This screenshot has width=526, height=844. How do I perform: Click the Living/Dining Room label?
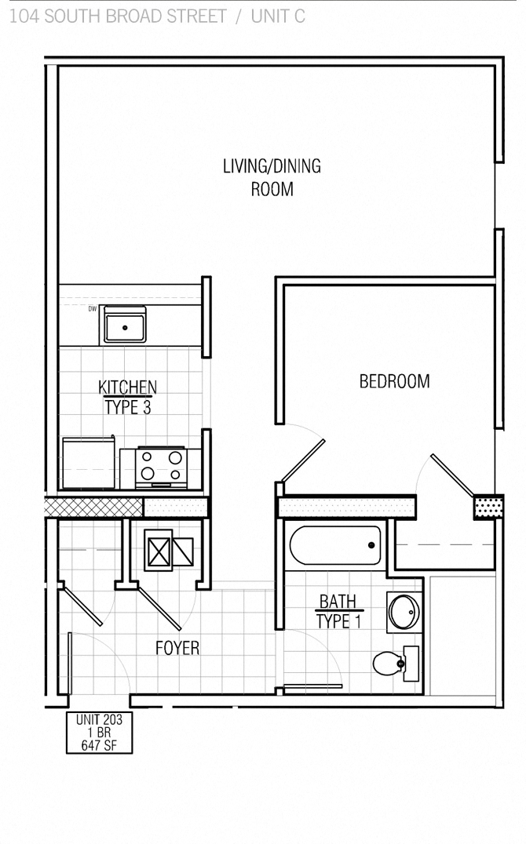272,177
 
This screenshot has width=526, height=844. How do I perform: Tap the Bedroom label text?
394,382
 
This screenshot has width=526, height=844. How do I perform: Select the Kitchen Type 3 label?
127,397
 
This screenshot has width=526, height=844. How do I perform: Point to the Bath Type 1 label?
338,612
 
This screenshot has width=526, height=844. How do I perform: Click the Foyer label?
177,648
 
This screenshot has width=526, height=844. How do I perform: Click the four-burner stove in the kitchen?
161,467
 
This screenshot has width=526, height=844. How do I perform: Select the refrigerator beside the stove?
88,463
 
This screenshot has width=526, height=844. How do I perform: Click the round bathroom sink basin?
404,612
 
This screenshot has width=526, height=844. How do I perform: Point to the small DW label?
92,309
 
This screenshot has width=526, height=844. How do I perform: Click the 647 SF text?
99,745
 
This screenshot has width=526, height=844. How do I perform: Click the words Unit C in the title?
278,16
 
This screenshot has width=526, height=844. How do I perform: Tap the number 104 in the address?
24,16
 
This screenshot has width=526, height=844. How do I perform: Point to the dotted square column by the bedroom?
488,507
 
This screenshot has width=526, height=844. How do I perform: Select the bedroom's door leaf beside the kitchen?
303,460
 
